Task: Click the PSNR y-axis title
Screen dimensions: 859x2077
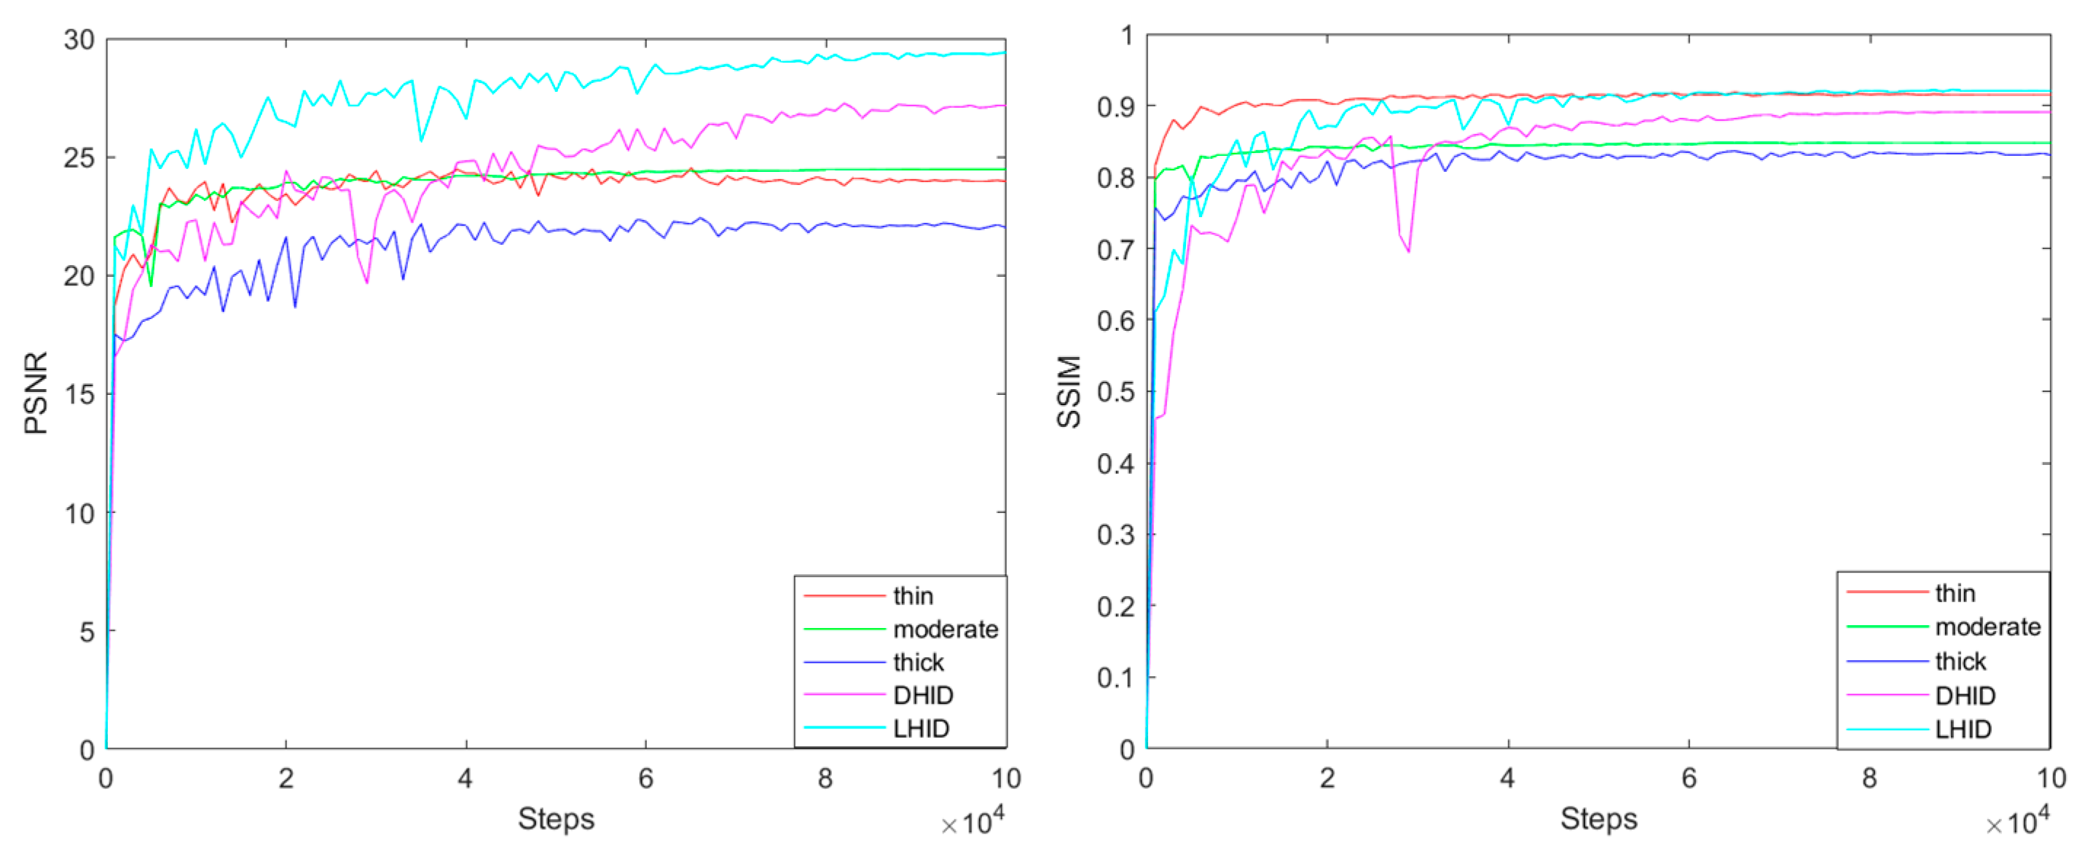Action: (x=36, y=393)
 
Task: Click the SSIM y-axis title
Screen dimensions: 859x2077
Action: (x=1069, y=391)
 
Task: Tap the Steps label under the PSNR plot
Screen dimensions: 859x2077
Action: (x=556, y=818)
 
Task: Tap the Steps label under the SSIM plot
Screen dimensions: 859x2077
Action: (x=1598, y=818)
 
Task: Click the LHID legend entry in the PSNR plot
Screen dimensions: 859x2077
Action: (x=921, y=729)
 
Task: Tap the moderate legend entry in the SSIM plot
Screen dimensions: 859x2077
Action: (x=1987, y=627)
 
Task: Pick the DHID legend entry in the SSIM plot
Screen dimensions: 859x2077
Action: (x=1965, y=695)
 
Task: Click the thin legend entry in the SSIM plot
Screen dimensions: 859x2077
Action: (x=1955, y=593)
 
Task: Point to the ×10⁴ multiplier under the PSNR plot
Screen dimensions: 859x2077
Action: (x=973, y=823)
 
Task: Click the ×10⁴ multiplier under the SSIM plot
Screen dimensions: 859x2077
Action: (x=2017, y=823)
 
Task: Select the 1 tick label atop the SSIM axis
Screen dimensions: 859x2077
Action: (x=1126, y=36)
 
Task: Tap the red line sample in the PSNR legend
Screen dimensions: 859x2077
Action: (x=844, y=596)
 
